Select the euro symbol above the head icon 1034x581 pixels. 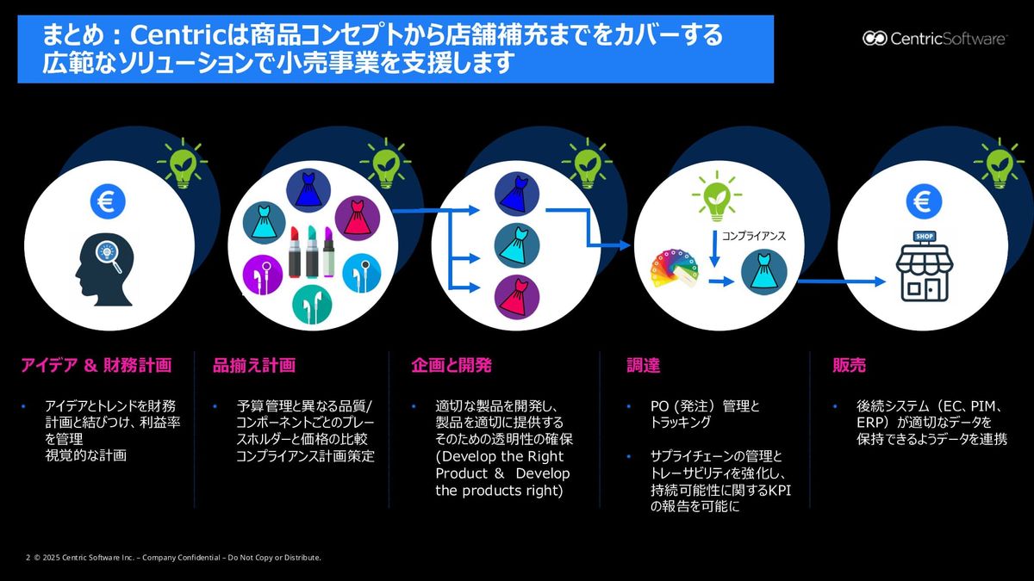[x=108, y=202]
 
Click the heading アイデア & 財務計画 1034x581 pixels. [x=96, y=366]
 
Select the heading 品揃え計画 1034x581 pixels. [x=254, y=366]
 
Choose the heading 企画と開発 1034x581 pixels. [x=452, y=366]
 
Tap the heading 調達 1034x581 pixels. [x=643, y=366]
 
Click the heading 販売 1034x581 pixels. [x=849, y=366]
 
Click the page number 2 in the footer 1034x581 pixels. [x=28, y=558]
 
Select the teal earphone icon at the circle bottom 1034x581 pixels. [x=312, y=304]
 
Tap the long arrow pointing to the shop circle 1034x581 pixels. [x=840, y=281]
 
